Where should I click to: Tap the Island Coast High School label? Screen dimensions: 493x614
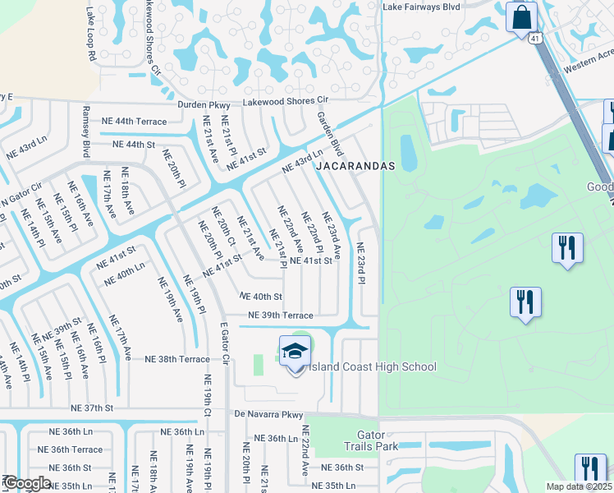(x=367, y=366)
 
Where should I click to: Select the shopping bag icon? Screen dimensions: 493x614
(x=521, y=17)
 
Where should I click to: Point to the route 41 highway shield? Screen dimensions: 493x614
(x=534, y=38)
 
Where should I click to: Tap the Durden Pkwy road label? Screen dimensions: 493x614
(x=207, y=104)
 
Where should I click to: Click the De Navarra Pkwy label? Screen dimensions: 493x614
(x=268, y=414)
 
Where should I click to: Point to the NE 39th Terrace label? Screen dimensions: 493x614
(x=281, y=316)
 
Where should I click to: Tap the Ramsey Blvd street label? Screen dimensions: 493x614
(x=86, y=132)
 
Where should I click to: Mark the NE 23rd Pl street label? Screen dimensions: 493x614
(x=360, y=262)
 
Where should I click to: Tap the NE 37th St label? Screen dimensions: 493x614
(x=91, y=408)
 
